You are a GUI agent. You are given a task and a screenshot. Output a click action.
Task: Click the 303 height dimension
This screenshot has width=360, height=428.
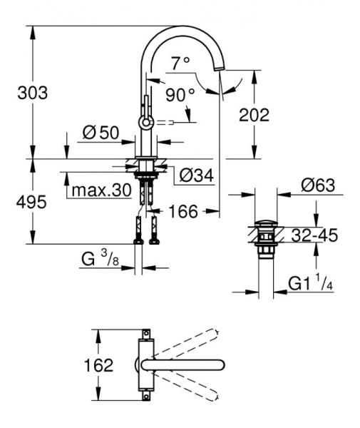[x=33, y=93]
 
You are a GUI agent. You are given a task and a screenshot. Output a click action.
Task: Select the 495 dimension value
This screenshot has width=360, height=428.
[x=31, y=203]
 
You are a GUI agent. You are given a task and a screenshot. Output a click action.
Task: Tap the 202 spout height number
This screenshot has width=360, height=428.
[x=254, y=115]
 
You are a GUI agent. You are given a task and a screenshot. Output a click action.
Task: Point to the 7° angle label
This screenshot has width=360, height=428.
[x=180, y=63]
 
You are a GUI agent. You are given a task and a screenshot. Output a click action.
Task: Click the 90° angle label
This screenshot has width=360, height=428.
[x=180, y=95]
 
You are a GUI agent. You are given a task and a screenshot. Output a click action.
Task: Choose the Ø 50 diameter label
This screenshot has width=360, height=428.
[x=101, y=133]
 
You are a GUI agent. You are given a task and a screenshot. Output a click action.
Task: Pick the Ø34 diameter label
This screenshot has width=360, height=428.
[x=196, y=175]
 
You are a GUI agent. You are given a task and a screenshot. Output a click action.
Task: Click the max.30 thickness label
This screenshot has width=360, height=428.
[x=101, y=190]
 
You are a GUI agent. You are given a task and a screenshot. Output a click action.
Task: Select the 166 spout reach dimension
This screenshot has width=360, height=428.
[x=183, y=211]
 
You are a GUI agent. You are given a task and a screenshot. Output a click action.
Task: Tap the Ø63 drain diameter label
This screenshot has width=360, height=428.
[x=318, y=185]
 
